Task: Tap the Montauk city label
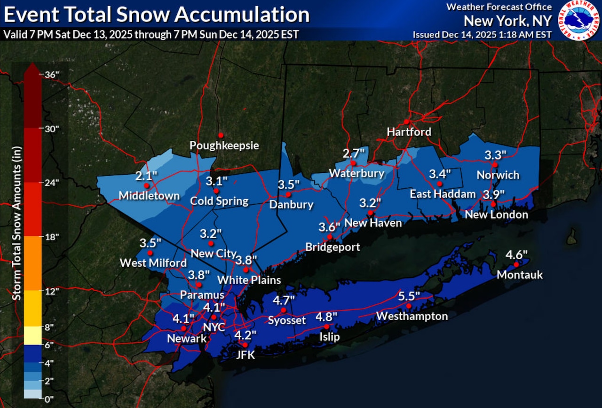click(x=520, y=275)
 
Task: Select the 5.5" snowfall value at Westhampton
click(x=409, y=296)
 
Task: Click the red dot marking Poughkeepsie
click(x=220, y=135)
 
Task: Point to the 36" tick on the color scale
click(x=51, y=74)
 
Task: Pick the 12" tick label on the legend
click(x=51, y=291)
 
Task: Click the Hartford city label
click(x=409, y=132)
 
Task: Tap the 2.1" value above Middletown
click(x=146, y=176)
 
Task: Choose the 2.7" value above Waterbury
click(x=354, y=153)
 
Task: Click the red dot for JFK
click(x=245, y=345)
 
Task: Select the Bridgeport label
click(x=333, y=247)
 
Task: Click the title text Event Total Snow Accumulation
click(x=156, y=15)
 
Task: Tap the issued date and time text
click(x=482, y=35)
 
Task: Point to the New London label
click(x=496, y=215)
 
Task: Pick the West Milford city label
click(x=153, y=262)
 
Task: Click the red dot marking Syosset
click(x=284, y=310)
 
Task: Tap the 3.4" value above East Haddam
click(x=440, y=174)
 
